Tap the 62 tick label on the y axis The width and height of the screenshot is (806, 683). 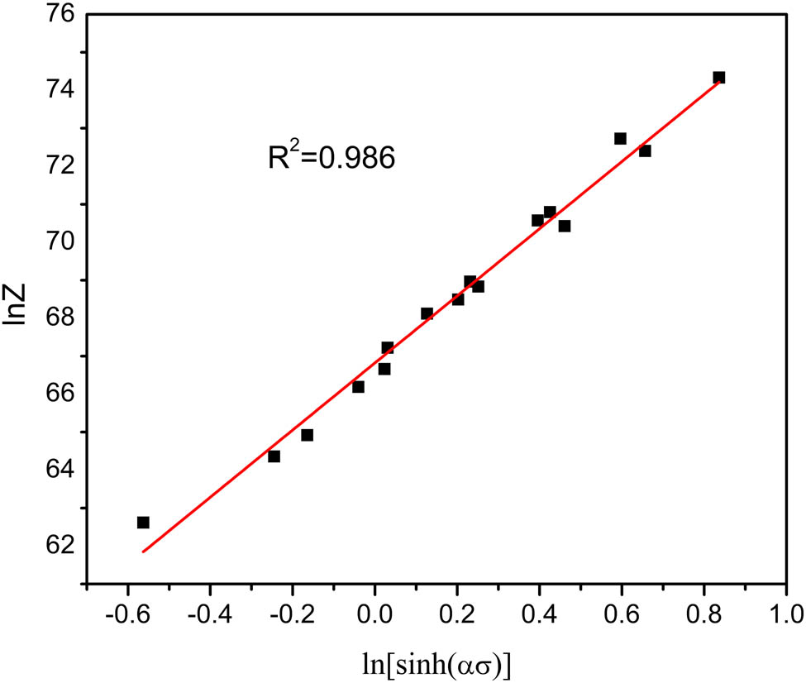coord(55,544)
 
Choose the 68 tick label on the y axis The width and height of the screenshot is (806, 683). coord(55,318)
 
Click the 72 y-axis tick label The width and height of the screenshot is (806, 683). coord(55,166)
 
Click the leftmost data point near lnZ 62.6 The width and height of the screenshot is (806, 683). coord(143,523)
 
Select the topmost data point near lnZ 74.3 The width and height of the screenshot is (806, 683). coord(719,78)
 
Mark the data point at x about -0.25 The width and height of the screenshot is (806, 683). coord(274,456)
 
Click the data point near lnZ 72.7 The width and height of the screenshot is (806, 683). coord(621,139)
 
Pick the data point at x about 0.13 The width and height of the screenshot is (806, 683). coord(427,313)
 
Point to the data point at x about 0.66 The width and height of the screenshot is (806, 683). coord(646,151)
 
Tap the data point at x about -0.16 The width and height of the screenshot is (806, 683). coord(308,435)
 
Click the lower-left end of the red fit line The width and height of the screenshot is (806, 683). coord(143,552)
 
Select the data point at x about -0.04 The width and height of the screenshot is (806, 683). coord(359,387)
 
